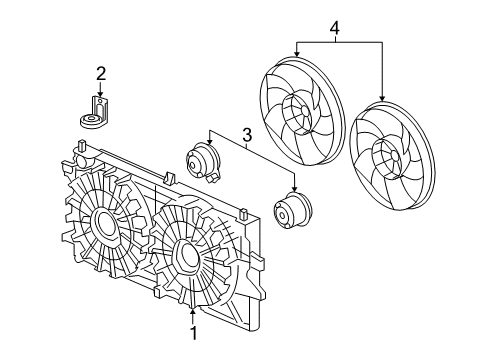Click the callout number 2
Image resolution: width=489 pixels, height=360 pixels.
click(100, 72)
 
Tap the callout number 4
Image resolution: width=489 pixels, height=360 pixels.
click(336, 28)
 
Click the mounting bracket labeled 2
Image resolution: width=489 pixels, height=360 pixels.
click(99, 112)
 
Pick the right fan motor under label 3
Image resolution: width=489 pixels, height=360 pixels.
click(293, 212)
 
